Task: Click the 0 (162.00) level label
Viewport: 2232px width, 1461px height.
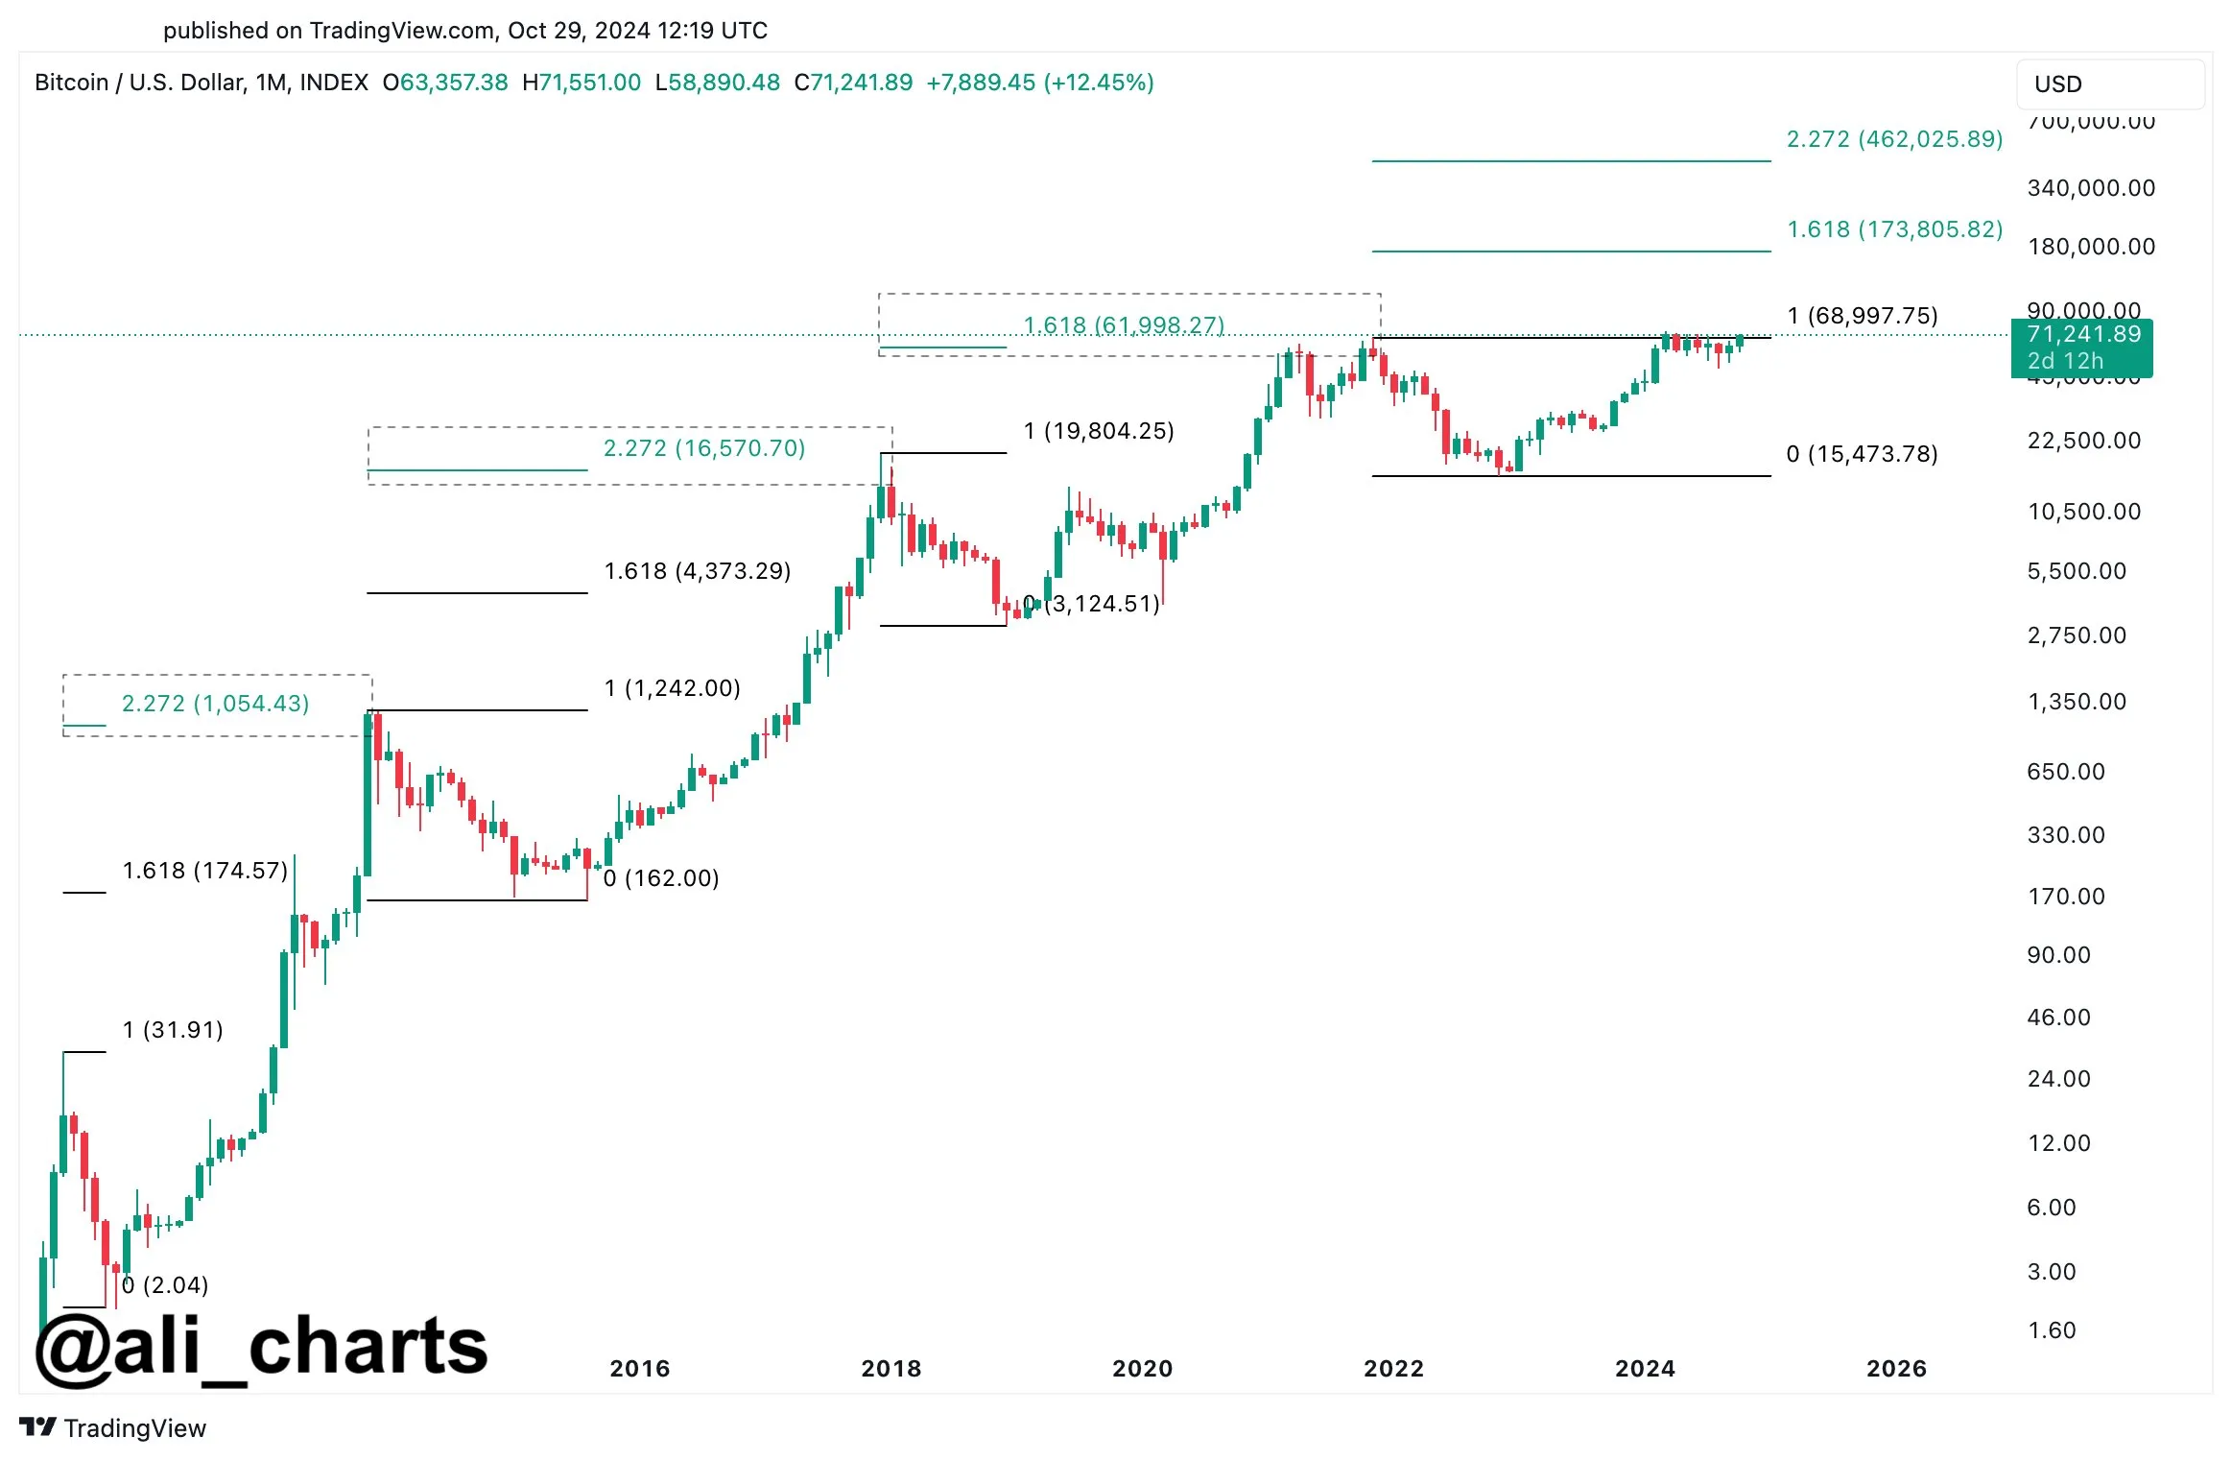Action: pos(661,878)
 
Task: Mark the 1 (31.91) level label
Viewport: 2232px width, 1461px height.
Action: pos(173,1030)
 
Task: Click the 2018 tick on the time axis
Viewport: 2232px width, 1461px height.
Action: pos(890,1369)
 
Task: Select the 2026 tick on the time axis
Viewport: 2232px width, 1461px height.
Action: pos(1896,1369)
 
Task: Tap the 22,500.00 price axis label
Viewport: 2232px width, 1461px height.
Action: pos(2084,442)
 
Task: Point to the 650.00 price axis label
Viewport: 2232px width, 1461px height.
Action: pos(2066,772)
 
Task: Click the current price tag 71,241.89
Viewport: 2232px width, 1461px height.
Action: pos(2082,335)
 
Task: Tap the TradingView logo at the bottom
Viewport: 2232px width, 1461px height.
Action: pos(113,1428)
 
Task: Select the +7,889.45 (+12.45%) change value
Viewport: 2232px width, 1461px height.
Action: pos(1039,83)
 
